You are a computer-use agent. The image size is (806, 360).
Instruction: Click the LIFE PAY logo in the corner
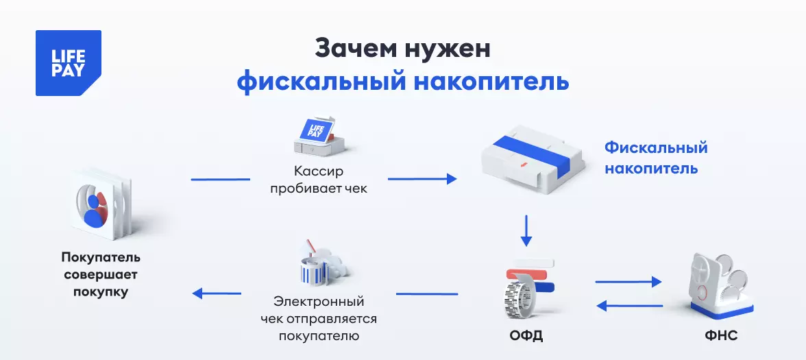(69, 63)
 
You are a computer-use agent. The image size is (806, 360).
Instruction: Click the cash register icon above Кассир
(316, 136)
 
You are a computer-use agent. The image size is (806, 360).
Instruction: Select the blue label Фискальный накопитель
(655, 158)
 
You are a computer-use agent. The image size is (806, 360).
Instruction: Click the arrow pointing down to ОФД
(526, 231)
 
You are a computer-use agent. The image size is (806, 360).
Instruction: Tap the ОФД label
(526, 337)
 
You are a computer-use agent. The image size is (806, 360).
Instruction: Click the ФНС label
(720, 337)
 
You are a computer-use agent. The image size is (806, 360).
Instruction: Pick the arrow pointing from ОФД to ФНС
(628, 281)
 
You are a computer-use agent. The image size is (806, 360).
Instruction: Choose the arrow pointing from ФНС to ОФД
(629, 305)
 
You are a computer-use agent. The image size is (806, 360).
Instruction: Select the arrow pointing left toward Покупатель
(217, 293)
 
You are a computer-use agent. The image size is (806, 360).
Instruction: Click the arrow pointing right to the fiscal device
(422, 179)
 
